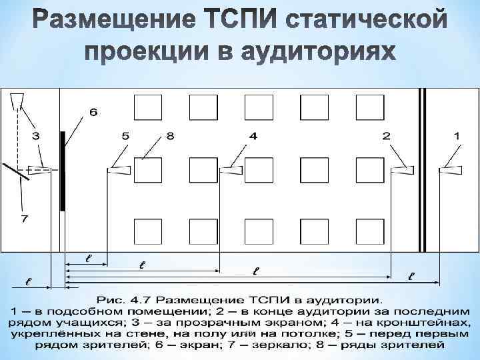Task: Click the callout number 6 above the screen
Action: click(x=93, y=112)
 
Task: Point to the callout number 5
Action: click(x=125, y=135)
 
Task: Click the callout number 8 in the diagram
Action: click(x=170, y=135)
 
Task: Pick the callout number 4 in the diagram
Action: click(x=253, y=135)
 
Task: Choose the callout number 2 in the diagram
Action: click(x=387, y=135)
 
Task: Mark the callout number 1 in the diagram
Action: click(x=457, y=135)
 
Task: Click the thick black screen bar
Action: click(x=62, y=170)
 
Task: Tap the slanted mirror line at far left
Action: click(x=15, y=172)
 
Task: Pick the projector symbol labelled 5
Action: click(x=119, y=171)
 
